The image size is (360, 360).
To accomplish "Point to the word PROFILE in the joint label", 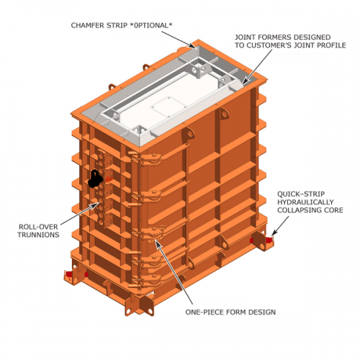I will click(329, 45).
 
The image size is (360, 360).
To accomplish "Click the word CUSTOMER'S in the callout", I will click(274, 45).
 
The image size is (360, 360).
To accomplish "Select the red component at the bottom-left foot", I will click(70, 275).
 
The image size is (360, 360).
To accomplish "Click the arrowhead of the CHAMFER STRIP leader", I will click(195, 46).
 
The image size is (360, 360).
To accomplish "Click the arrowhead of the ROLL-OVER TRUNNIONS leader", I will click(99, 204).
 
